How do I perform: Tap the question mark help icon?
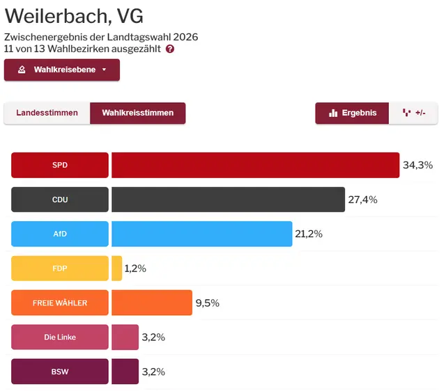pos(170,49)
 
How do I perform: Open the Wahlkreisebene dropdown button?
pos(62,70)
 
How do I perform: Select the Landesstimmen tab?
pos(47,113)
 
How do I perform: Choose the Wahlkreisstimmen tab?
pos(138,113)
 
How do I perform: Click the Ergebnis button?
pos(352,113)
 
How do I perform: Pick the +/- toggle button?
pos(414,113)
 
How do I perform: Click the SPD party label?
pos(60,166)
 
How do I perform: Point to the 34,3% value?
pos(417,166)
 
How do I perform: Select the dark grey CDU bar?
pos(228,200)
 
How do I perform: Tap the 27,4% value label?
pos(362,200)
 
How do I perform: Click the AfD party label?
pos(60,234)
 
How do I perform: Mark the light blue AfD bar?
pos(201,234)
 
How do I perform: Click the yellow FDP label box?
pos(60,268)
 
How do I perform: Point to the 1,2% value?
pos(135,269)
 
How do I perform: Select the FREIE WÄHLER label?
pos(60,303)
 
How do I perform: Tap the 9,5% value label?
pos(207,303)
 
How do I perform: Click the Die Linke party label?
pos(60,337)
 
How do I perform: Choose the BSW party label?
pos(60,372)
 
